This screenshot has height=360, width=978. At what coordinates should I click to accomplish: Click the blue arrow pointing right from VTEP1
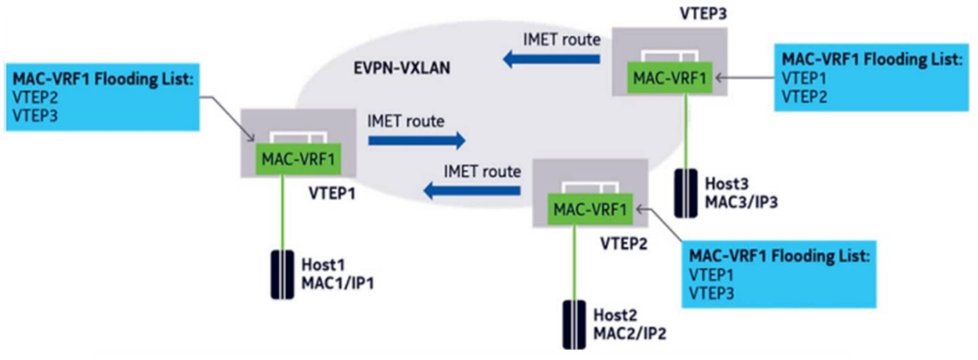(417, 141)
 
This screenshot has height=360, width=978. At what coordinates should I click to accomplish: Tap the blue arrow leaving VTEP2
(471, 189)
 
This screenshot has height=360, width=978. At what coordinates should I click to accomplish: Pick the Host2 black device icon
(572, 325)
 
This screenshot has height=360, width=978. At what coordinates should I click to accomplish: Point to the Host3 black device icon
(687, 193)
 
